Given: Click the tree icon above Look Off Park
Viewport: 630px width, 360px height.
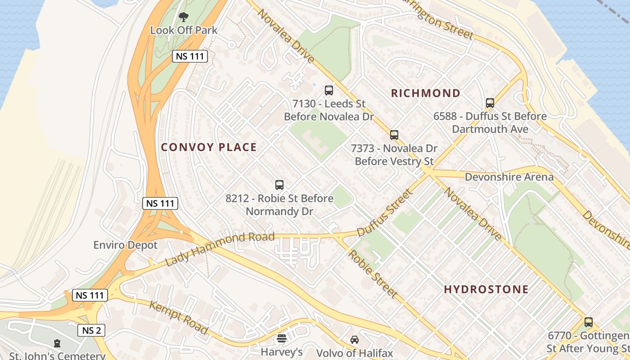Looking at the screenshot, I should click(x=183, y=18).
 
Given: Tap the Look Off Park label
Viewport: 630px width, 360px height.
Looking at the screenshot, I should click(x=184, y=31).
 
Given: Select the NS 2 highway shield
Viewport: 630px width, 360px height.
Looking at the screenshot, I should click(x=91, y=330).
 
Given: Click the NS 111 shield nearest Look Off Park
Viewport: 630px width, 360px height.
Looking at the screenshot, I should click(x=189, y=56).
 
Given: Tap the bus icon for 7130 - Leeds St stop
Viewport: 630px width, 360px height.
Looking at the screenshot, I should click(x=329, y=90).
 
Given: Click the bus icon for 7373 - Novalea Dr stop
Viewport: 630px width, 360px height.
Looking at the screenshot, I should click(x=394, y=135).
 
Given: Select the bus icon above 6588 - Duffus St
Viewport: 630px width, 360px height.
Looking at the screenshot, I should click(x=490, y=103).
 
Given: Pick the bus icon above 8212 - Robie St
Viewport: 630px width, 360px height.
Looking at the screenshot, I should click(x=279, y=184).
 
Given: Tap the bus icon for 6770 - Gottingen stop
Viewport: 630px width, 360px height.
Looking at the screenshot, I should click(x=589, y=322).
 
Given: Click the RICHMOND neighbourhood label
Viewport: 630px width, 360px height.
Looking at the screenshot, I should click(x=426, y=93).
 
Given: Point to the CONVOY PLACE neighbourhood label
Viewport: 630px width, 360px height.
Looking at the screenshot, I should click(x=209, y=147).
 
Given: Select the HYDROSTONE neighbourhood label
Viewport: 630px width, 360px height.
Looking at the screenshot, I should click(x=486, y=289).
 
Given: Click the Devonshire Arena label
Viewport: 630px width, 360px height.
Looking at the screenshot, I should click(x=509, y=177).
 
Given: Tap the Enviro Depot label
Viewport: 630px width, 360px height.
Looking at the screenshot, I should click(x=126, y=245).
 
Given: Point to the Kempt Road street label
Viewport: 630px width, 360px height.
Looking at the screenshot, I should click(x=179, y=318).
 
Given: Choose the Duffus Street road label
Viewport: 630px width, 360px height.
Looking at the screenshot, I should click(x=384, y=213).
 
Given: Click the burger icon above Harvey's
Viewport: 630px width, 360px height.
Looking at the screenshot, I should click(x=282, y=338).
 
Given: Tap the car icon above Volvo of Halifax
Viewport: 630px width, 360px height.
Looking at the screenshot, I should click(x=355, y=340).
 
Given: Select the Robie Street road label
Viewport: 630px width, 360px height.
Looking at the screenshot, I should click(x=373, y=274).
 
